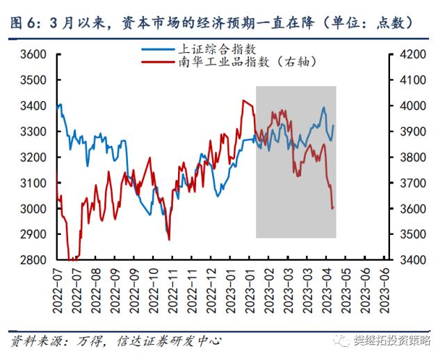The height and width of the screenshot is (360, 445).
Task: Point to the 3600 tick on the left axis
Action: click(33, 54)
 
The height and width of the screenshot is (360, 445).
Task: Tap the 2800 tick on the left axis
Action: click(33, 260)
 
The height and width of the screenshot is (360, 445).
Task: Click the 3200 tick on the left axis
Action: click(33, 157)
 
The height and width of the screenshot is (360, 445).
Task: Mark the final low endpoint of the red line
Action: click(333, 208)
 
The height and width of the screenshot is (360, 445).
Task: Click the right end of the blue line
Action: click(334, 126)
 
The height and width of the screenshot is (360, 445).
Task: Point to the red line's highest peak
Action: click(243, 100)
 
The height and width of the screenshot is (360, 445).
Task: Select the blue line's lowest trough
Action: click(168, 234)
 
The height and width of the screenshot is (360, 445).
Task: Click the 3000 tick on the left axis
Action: click(33, 208)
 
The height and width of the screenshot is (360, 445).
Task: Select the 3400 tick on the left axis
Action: click(33, 106)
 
